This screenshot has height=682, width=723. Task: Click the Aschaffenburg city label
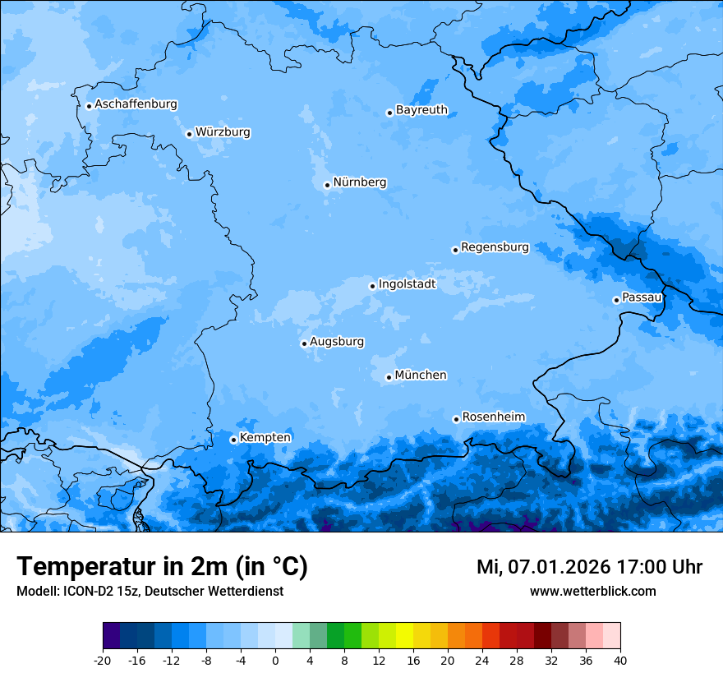pyautogui.click(x=136, y=104)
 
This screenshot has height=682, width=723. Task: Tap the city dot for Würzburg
pyautogui.click(x=189, y=134)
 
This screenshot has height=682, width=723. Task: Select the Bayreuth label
pyautogui.click(x=421, y=110)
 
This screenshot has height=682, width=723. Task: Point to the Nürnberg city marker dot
pyautogui.click(x=327, y=185)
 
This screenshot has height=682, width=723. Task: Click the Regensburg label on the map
pyautogui.click(x=495, y=247)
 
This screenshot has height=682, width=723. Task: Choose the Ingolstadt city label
pyautogui.click(x=407, y=284)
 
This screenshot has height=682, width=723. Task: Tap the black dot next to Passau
pyautogui.click(x=616, y=300)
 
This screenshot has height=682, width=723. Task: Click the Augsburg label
pyautogui.click(x=337, y=342)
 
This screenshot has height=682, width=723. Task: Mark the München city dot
pyautogui.click(x=389, y=377)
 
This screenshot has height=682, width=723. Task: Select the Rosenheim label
pyautogui.click(x=493, y=417)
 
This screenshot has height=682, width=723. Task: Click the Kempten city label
pyautogui.click(x=265, y=438)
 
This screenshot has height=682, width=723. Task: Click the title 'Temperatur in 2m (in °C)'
pyautogui.click(x=162, y=567)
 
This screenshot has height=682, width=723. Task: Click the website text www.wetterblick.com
pyautogui.click(x=592, y=592)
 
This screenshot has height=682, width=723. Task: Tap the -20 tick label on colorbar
pyautogui.click(x=103, y=660)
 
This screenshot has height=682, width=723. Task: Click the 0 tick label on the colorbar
pyautogui.click(x=275, y=660)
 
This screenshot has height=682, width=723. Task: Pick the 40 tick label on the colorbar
pyautogui.click(x=620, y=660)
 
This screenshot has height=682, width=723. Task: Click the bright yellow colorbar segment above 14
pyautogui.click(x=404, y=636)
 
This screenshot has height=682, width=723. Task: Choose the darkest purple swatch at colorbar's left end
pyautogui.click(x=111, y=636)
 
